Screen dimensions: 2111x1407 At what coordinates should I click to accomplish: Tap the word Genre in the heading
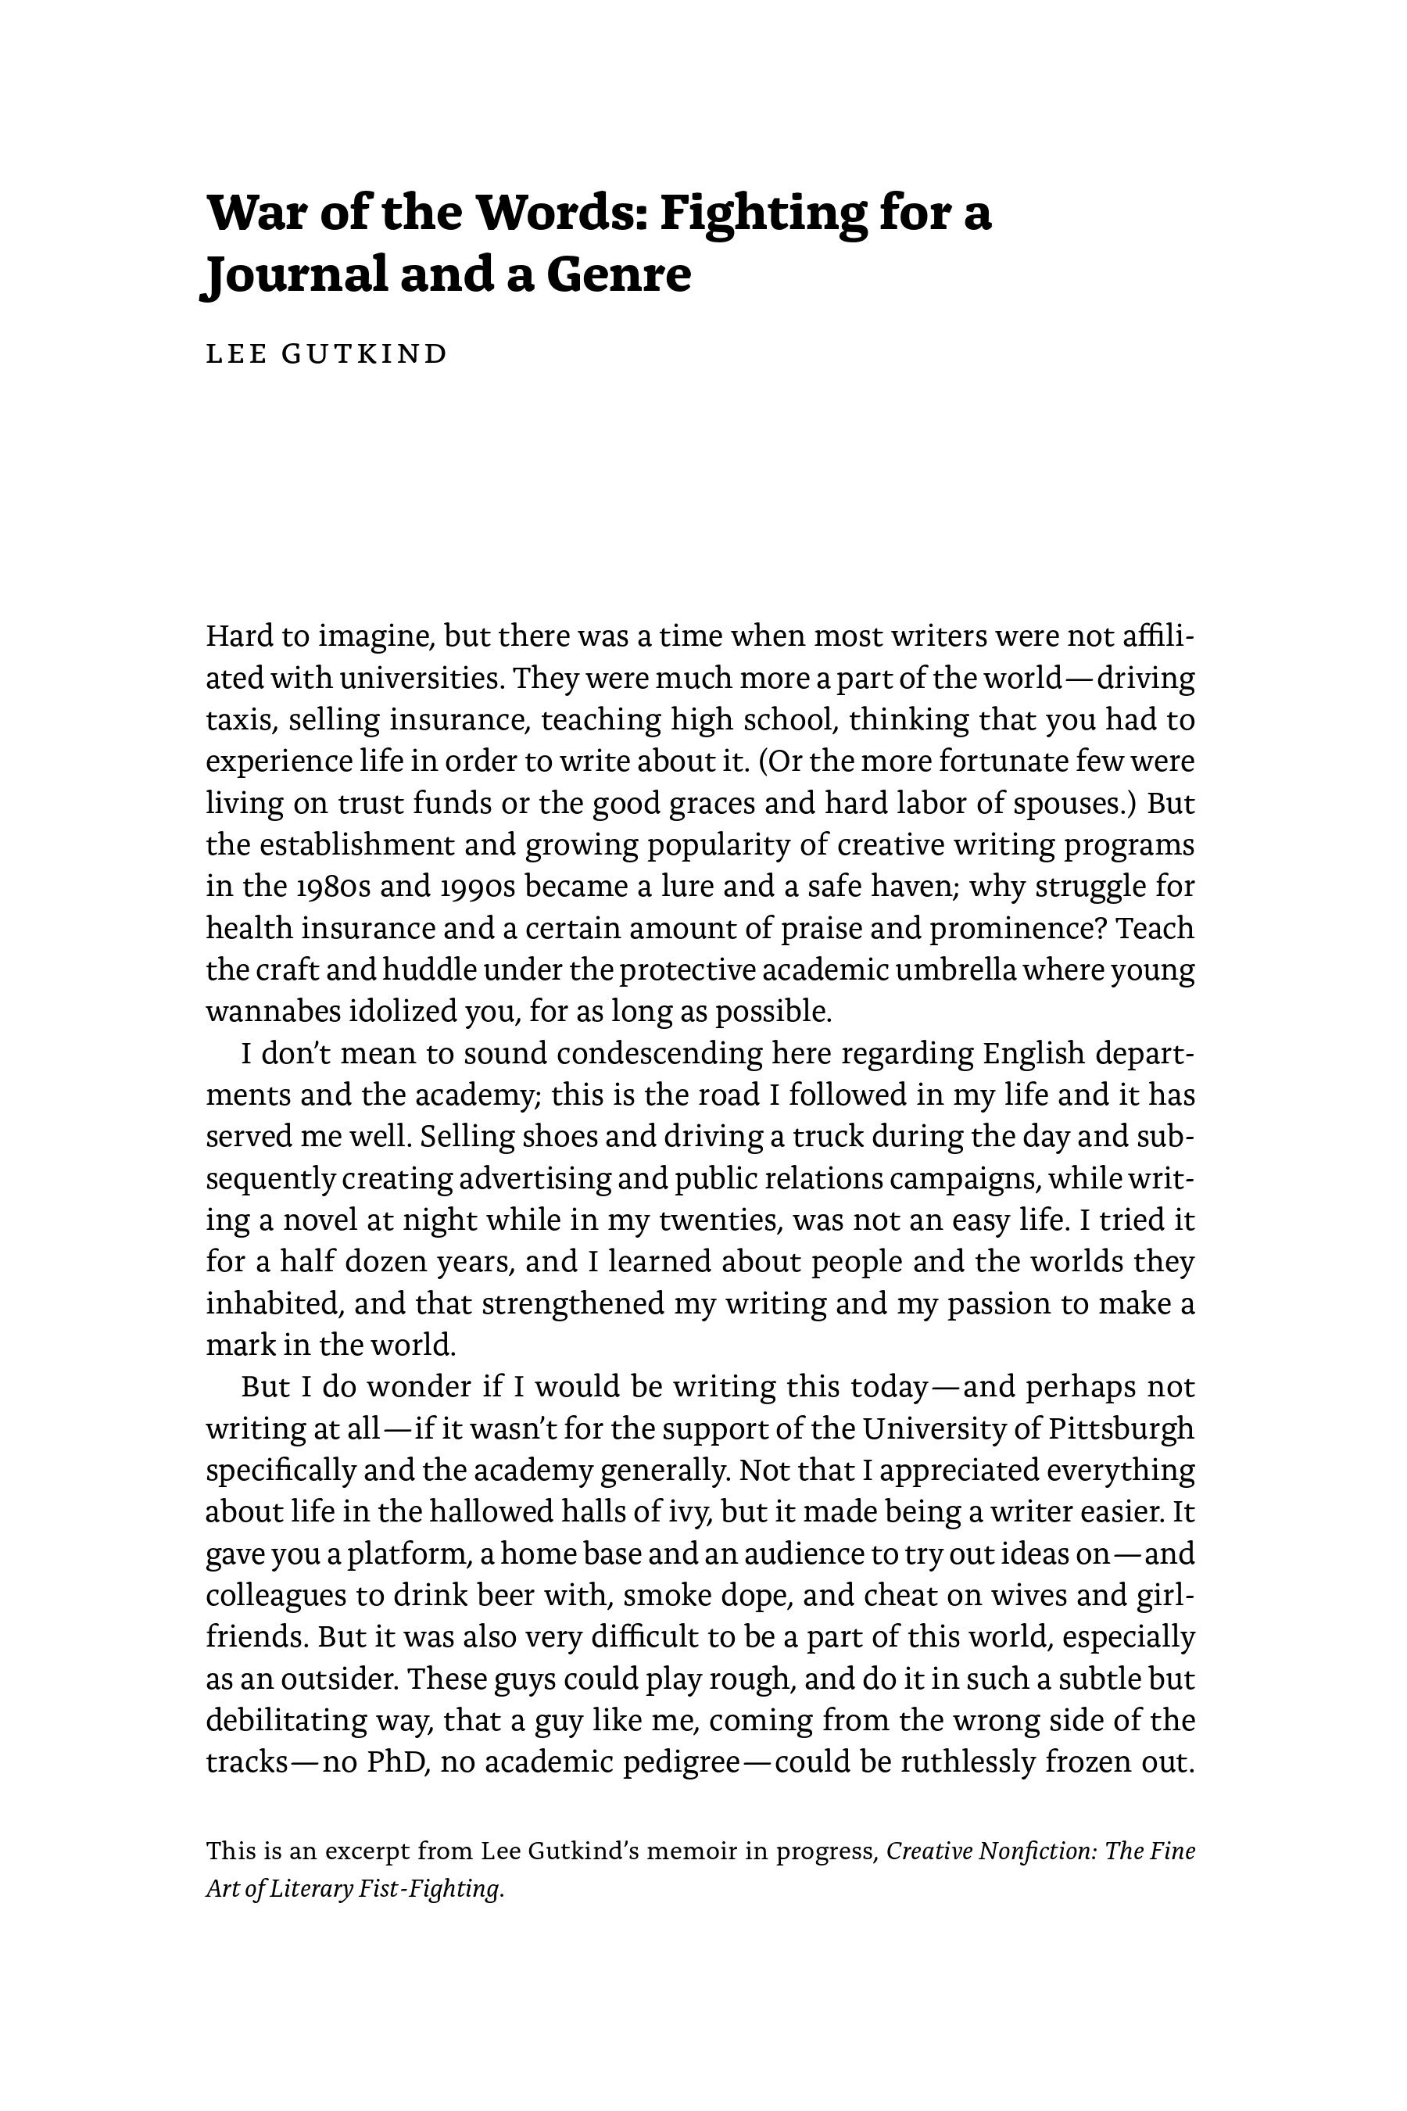[x=619, y=274]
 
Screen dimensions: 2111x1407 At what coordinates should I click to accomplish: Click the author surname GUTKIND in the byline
[x=364, y=353]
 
